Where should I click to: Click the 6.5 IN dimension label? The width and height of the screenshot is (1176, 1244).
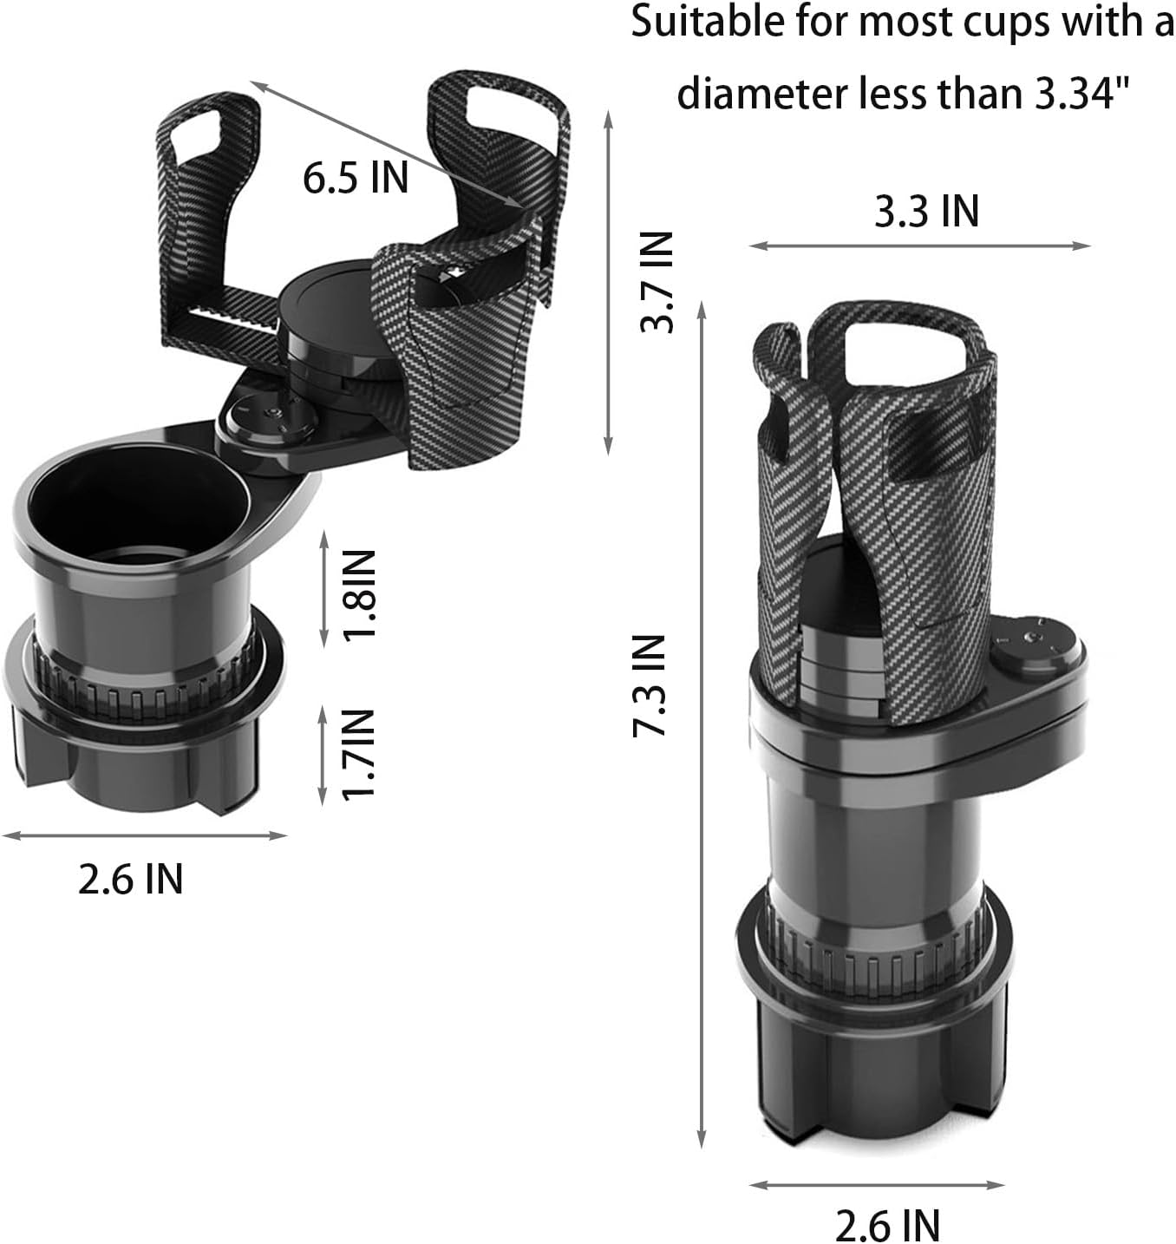pyautogui.click(x=355, y=178)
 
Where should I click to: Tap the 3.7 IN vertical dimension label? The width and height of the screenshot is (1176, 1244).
pyautogui.click(x=657, y=282)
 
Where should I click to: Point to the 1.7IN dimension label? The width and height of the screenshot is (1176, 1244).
pyautogui.click(x=360, y=754)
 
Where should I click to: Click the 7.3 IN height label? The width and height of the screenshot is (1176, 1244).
pyautogui.click(x=650, y=685)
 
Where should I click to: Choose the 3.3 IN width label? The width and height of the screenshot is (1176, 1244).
pyautogui.click(x=926, y=211)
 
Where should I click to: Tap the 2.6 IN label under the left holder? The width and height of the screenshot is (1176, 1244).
pyautogui.click(x=130, y=880)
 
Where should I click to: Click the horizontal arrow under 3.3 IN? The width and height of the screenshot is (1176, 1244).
pyautogui.click(x=919, y=246)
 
